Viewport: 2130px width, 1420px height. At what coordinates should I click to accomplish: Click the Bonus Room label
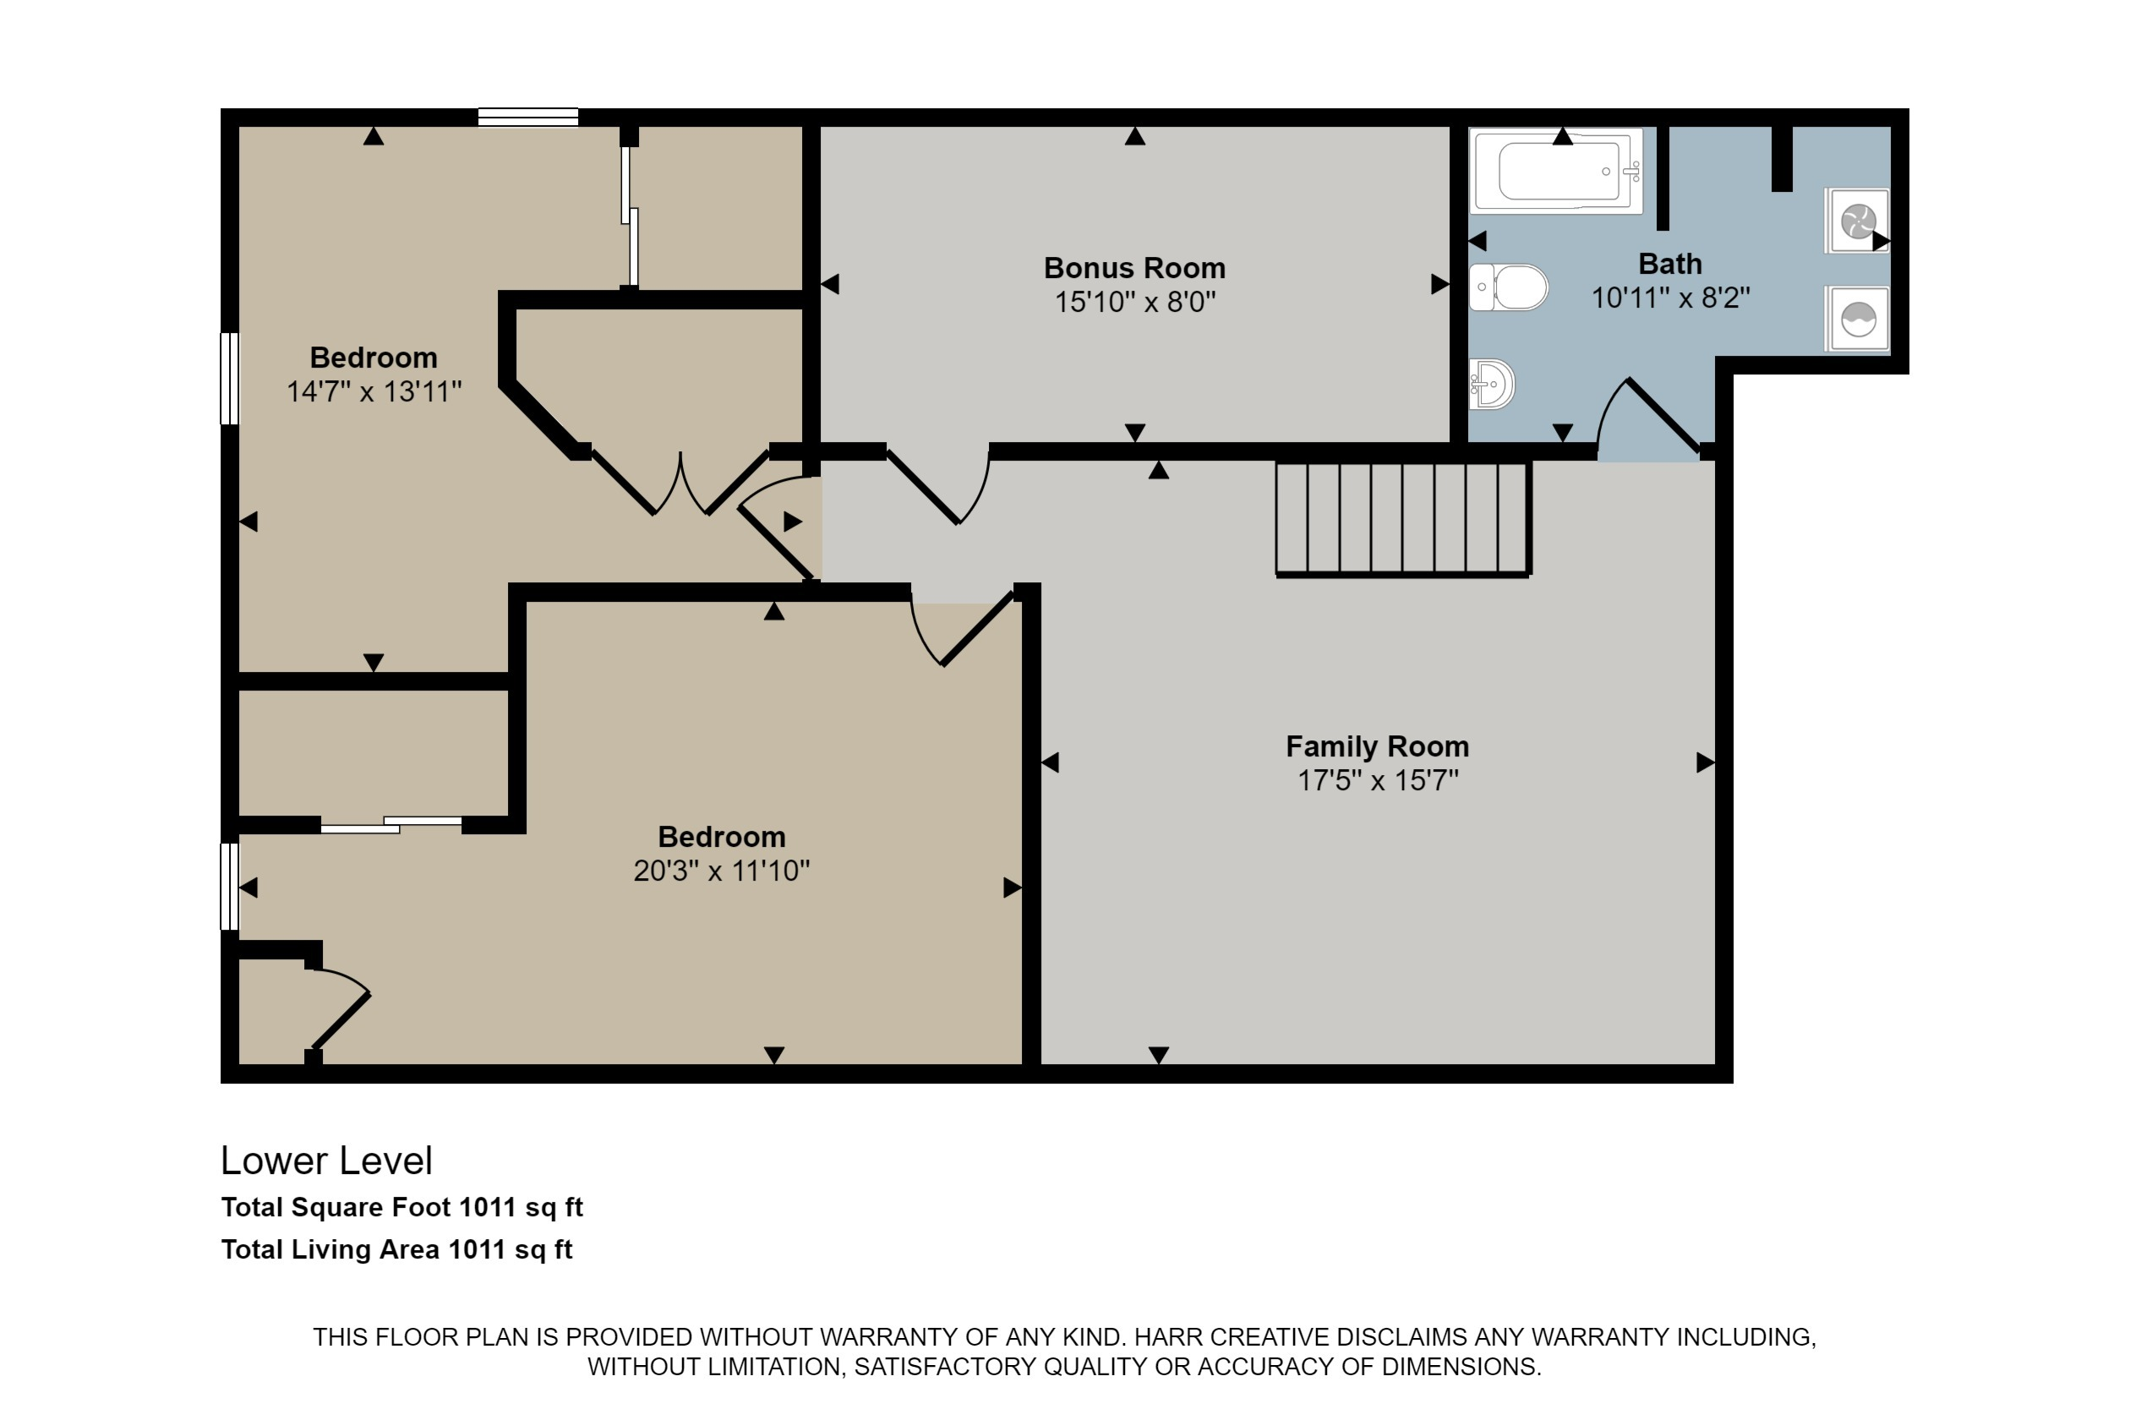coord(1133,268)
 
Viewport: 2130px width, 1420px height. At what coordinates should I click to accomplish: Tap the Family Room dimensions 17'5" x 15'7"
coord(1378,779)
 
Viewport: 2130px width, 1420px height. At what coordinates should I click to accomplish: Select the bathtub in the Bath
coord(1558,171)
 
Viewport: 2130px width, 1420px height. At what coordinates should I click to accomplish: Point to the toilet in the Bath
coord(1508,287)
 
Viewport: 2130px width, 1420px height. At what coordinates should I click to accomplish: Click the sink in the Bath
coord(1491,384)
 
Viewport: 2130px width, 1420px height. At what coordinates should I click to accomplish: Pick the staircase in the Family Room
coord(1403,518)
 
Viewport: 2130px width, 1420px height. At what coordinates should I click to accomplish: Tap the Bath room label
coord(1670,264)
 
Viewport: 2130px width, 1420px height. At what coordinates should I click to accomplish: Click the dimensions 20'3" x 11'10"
coord(721,871)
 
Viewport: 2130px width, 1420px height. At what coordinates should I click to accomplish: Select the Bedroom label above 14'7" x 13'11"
coord(373,358)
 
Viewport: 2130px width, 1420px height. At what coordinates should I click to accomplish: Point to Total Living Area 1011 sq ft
coord(396,1250)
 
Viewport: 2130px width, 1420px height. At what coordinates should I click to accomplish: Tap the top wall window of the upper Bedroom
coord(528,117)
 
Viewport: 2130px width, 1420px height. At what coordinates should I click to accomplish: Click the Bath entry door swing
coord(1647,418)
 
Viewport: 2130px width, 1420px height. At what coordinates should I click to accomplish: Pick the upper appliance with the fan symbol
coord(1856,221)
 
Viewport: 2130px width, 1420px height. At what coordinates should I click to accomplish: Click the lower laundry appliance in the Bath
coord(1856,318)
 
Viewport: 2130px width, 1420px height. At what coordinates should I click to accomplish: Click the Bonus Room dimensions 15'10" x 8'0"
coord(1134,302)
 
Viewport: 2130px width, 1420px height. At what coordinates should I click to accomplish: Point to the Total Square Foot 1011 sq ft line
coord(402,1207)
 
